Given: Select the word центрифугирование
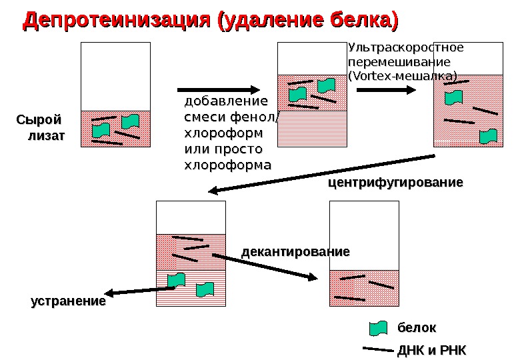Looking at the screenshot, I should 395,182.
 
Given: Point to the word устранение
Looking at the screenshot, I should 69,301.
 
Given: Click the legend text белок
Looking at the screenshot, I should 417,328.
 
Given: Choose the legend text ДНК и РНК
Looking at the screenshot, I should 431,351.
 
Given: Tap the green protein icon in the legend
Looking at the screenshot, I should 379,328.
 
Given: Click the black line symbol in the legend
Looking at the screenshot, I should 377,349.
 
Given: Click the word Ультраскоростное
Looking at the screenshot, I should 405,48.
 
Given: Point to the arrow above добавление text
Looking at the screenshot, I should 218,89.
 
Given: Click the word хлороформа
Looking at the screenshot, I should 227,165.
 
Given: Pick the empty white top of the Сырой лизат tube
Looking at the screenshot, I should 115,76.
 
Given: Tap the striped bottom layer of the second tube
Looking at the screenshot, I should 313,128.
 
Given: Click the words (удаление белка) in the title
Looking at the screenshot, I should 305,20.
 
